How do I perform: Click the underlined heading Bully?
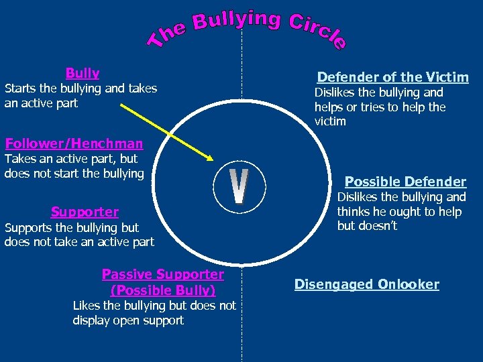click(x=83, y=72)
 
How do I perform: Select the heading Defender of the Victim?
click(x=392, y=77)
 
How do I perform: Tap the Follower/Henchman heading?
click(x=74, y=143)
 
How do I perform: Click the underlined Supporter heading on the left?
click(x=85, y=212)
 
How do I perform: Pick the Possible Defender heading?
click(x=405, y=182)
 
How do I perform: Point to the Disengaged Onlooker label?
click(x=367, y=284)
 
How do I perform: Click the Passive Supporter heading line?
click(x=163, y=274)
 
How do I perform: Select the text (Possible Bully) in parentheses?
click(x=163, y=291)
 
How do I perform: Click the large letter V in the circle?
click(x=239, y=188)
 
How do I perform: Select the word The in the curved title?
click(x=166, y=35)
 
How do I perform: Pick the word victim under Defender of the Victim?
click(x=330, y=121)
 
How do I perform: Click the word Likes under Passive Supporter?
click(x=88, y=306)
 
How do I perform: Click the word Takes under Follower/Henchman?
click(x=20, y=159)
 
